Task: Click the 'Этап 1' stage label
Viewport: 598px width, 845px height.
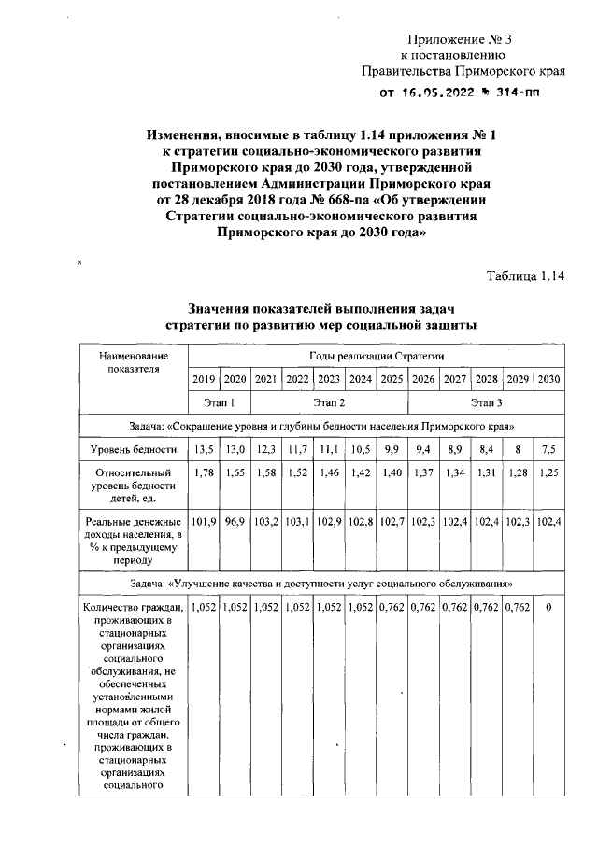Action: (x=220, y=402)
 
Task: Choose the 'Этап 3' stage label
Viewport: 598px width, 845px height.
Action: (x=487, y=402)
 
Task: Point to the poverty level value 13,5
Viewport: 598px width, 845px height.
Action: (x=204, y=449)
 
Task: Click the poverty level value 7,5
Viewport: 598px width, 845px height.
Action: (x=549, y=449)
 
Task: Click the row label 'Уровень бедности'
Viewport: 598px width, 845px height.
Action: (x=134, y=449)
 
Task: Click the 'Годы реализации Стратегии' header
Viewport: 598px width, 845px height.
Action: (x=377, y=356)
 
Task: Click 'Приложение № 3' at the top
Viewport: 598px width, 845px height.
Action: (x=461, y=38)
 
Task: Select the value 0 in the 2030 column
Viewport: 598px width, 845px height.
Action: (x=549, y=608)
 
